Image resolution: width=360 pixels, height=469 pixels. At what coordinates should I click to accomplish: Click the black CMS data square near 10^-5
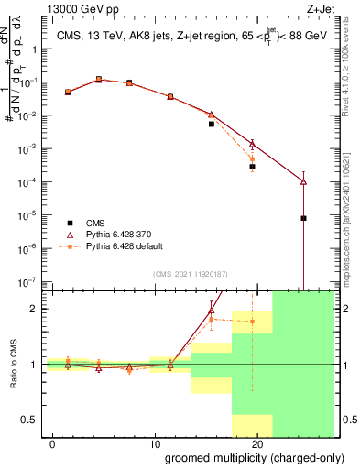click(303, 218)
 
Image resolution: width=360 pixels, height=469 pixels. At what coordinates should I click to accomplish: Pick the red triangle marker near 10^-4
click(303, 181)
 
